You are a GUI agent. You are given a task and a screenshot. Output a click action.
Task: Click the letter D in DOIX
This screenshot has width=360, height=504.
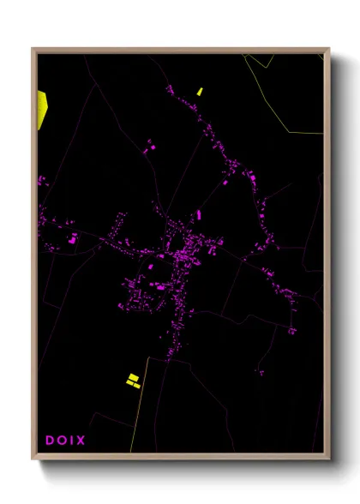click(x=50, y=441)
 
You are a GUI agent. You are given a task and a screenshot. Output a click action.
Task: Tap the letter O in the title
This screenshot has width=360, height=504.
click(x=61, y=441)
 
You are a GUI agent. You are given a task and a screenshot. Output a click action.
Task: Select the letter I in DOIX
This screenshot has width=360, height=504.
click(x=71, y=441)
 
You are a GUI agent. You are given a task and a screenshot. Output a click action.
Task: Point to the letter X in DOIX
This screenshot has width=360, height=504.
click(x=81, y=441)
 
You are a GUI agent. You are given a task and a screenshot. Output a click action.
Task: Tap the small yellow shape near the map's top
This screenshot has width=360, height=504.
click(x=200, y=91)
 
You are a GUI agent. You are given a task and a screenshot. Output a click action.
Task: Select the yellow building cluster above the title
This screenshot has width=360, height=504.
click(x=133, y=380)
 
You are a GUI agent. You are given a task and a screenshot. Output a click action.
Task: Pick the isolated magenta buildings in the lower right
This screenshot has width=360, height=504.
click(x=260, y=372)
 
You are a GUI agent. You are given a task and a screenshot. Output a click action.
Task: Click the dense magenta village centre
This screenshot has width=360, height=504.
click(x=182, y=255)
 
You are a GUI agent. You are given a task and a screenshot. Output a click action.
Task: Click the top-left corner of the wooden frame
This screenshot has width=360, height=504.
click(x=33, y=50)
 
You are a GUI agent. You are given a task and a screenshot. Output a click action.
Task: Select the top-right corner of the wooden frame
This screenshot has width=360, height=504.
click(x=328, y=50)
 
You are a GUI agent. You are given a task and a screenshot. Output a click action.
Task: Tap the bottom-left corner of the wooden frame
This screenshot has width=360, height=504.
click(x=33, y=459)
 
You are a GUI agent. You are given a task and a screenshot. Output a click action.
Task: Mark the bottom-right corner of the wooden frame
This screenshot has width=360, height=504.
click(x=328, y=459)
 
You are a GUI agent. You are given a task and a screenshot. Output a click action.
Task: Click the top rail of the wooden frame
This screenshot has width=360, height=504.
click(x=180, y=51)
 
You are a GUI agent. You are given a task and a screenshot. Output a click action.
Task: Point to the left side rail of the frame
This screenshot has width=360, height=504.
click(x=34, y=257)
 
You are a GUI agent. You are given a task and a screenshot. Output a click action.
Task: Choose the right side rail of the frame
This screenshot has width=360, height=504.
click(x=327, y=257)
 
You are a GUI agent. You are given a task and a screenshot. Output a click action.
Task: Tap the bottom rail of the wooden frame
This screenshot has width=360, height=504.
click(x=180, y=457)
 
